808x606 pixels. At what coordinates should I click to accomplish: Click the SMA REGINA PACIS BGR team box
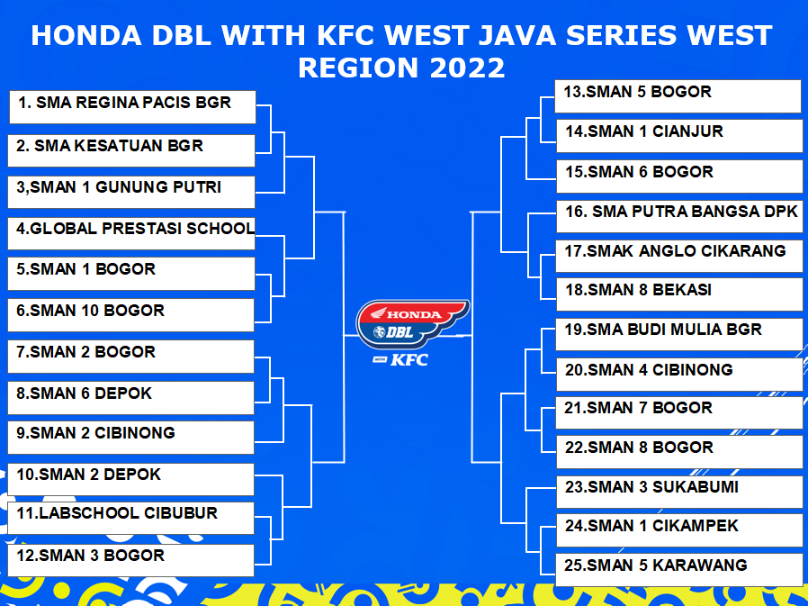click(x=132, y=107)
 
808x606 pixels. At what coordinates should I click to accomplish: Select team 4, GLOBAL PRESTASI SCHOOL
click(x=131, y=233)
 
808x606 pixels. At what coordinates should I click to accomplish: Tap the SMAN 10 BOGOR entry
click(x=130, y=315)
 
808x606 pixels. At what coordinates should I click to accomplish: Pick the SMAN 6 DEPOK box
click(x=130, y=398)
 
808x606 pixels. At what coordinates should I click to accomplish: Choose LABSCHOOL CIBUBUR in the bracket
click(x=130, y=518)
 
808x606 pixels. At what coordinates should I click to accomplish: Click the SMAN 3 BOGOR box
click(x=130, y=560)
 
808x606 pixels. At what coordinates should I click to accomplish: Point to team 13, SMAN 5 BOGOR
click(x=678, y=96)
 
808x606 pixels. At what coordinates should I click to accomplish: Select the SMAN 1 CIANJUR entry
click(x=679, y=136)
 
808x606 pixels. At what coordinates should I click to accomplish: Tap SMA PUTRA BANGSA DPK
click(x=679, y=216)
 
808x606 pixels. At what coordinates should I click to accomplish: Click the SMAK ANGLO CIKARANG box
click(x=678, y=256)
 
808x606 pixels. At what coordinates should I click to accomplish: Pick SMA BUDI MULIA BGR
click(x=678, y=334)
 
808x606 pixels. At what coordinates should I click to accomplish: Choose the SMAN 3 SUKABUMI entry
click(x=679, y=492)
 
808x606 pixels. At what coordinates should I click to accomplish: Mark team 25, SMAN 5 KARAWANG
click(x=679, y=570)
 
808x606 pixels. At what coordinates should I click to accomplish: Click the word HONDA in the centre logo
click(x=414, y=314)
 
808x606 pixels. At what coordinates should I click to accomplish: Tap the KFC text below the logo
click(x=409, y=359)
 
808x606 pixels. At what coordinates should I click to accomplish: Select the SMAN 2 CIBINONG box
click(x=130, y=438)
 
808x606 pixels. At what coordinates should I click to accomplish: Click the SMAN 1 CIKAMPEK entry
click(x=679, y=530)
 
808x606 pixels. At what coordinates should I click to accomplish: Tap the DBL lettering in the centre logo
click(x=400, y=332)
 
